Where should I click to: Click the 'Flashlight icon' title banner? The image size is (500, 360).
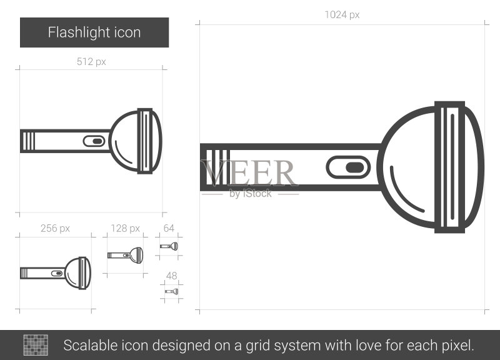tap(94, 32)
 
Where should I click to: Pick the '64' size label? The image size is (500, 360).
tap(169, 228)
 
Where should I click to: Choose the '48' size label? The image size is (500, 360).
tap(171, 276)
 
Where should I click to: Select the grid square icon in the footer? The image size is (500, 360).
tap(36, 345)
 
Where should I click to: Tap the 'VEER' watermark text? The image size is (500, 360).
tap(249, 172)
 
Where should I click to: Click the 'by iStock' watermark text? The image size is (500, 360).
tap(251, 194)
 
